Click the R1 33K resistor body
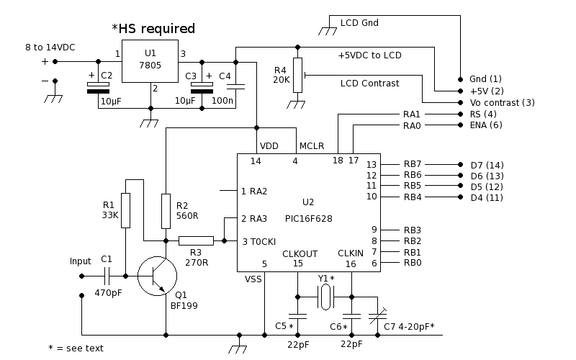[125, 210]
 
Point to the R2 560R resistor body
[166, 211]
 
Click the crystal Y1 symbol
[325, 297]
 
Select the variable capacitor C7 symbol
[377, 316]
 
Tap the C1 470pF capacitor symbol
[107, 276]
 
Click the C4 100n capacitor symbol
[236, 87]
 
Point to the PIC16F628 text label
[309, 219]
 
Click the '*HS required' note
[153, 29]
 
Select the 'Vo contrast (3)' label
[502, 103]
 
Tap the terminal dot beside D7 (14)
[460, 165]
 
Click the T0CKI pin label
[263, 242]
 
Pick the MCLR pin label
[312, 146]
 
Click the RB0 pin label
[413, 263]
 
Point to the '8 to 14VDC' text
[50, 48]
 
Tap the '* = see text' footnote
[76, 348]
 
